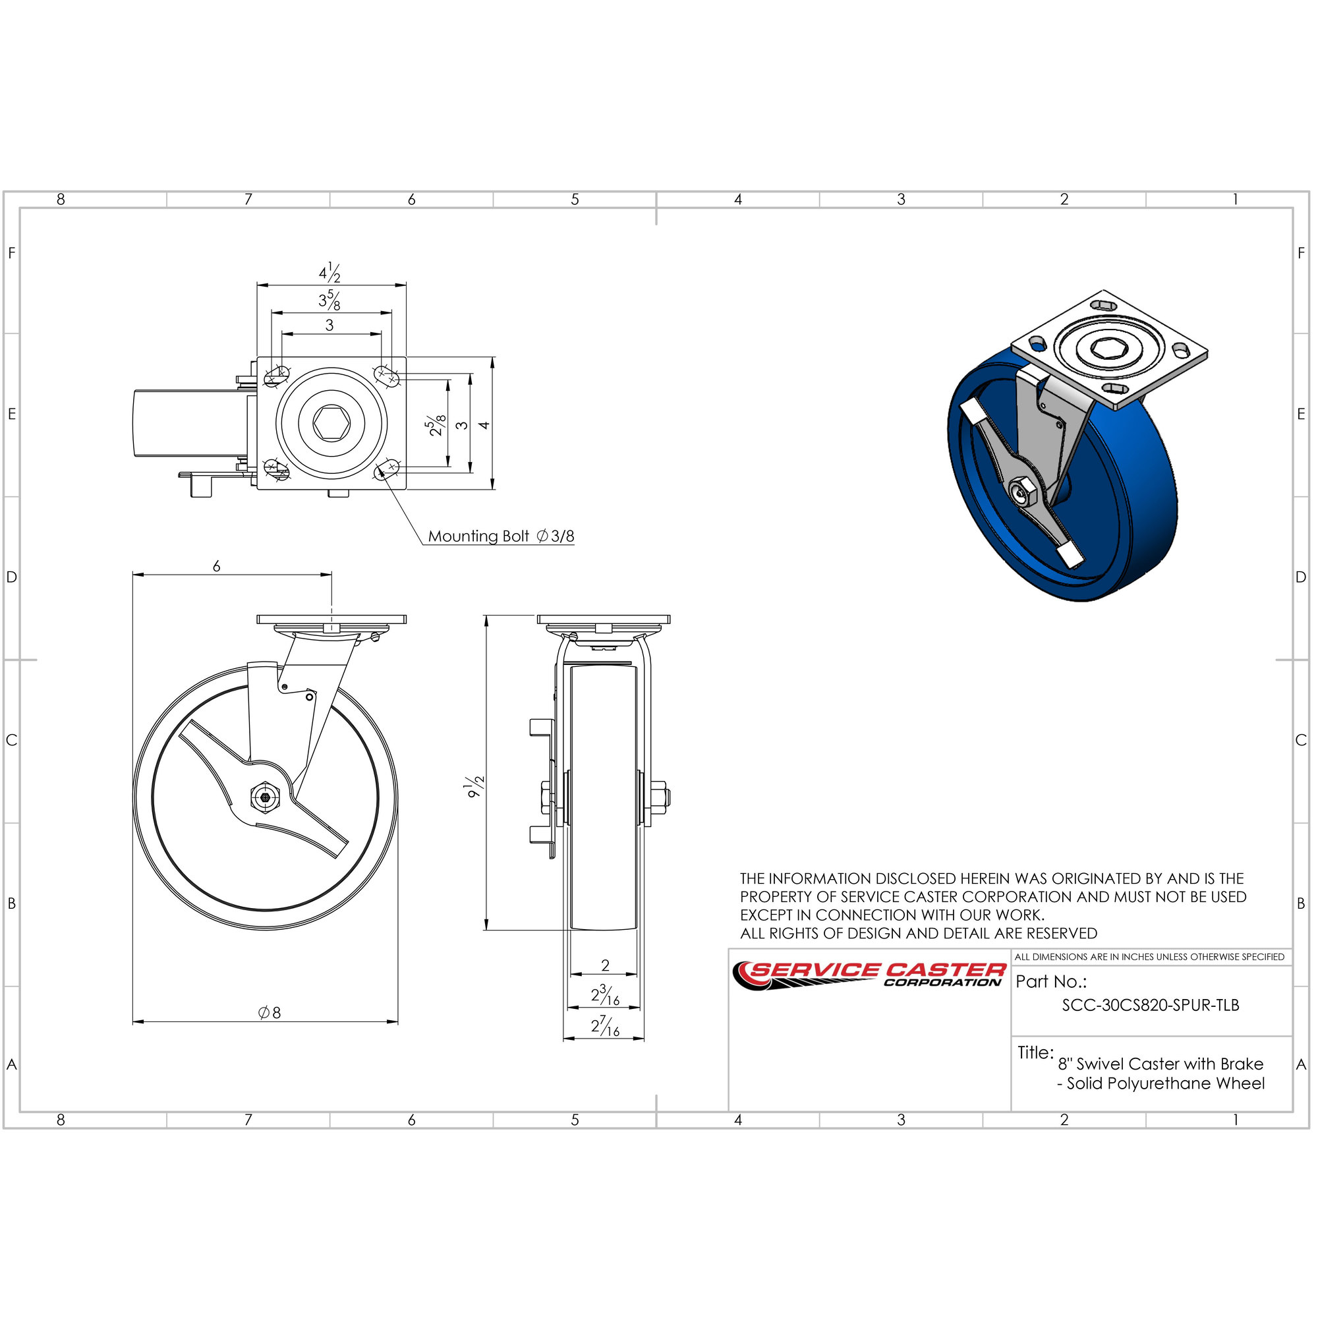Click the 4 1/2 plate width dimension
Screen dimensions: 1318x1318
[329, 273]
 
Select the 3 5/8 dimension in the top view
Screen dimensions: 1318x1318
[329, 300]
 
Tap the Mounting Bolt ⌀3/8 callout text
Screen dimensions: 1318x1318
[501, 536]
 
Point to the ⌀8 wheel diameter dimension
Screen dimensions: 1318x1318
[270, 1012]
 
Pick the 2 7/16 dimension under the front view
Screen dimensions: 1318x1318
[605, 1026]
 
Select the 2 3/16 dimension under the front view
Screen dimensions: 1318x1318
[605, 995]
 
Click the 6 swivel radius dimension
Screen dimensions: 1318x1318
[217, 566]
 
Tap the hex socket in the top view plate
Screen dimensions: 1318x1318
[331, 424]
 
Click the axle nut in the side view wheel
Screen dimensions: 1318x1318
[265, 796]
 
